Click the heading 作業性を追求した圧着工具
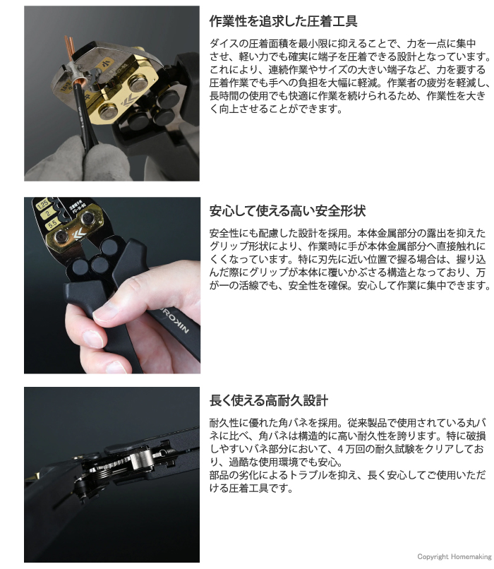tap(283, 21)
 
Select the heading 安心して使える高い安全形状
tap(287, 211)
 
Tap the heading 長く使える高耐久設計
tap(269, 400)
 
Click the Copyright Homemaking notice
tap(454, 557)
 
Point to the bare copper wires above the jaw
tap(70, 48)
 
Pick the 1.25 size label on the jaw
tap(43, 204)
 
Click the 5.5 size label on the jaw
tap(52, 223)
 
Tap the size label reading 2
tap(48, 213)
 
